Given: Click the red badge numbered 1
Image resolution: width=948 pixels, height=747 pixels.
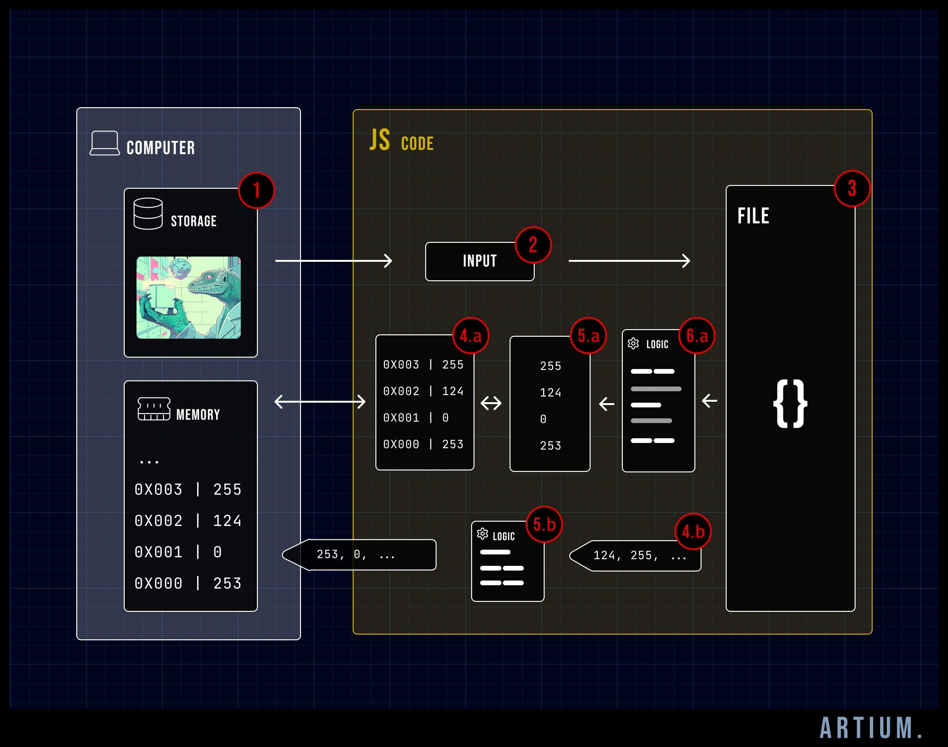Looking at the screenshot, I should (x=256, y=191).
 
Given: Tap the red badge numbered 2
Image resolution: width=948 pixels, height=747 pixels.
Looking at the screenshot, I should (x=533, y=245).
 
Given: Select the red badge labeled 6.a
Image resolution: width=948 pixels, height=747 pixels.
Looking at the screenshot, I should (x=697, y=336).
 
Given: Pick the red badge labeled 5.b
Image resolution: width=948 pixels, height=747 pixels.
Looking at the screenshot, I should (x=544, y=525).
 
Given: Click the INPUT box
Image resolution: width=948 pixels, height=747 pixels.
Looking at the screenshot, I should (x=479, y=261).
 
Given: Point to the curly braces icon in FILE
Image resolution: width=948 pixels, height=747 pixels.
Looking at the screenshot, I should (x=790, y=404).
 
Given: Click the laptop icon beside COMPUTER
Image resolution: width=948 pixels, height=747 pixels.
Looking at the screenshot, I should (x=105, y=143).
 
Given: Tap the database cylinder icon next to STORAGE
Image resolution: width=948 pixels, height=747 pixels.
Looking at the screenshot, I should (x=148, y=214).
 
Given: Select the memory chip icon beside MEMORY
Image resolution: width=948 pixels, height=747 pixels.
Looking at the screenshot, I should (x=154, y=409).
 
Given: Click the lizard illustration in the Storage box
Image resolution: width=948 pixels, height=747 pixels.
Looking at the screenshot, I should (x=189, y=297).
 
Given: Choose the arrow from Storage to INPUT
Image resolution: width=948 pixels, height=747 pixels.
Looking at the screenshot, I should (x=334, y=261).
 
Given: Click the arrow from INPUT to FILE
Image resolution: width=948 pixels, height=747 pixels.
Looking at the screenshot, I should (x=629, y=261).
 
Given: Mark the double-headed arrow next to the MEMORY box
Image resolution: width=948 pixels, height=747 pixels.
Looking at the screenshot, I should (x=320, y=402).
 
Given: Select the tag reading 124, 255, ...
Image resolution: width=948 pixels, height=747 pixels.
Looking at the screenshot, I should (x=638, y=555).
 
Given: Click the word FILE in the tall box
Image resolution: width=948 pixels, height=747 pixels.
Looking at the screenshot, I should (x=753, y=216).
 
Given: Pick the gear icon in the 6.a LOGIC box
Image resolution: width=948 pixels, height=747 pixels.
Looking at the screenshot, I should (x=633, y=344).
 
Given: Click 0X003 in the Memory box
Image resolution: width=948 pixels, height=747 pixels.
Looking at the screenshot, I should (x=158, y=489).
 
